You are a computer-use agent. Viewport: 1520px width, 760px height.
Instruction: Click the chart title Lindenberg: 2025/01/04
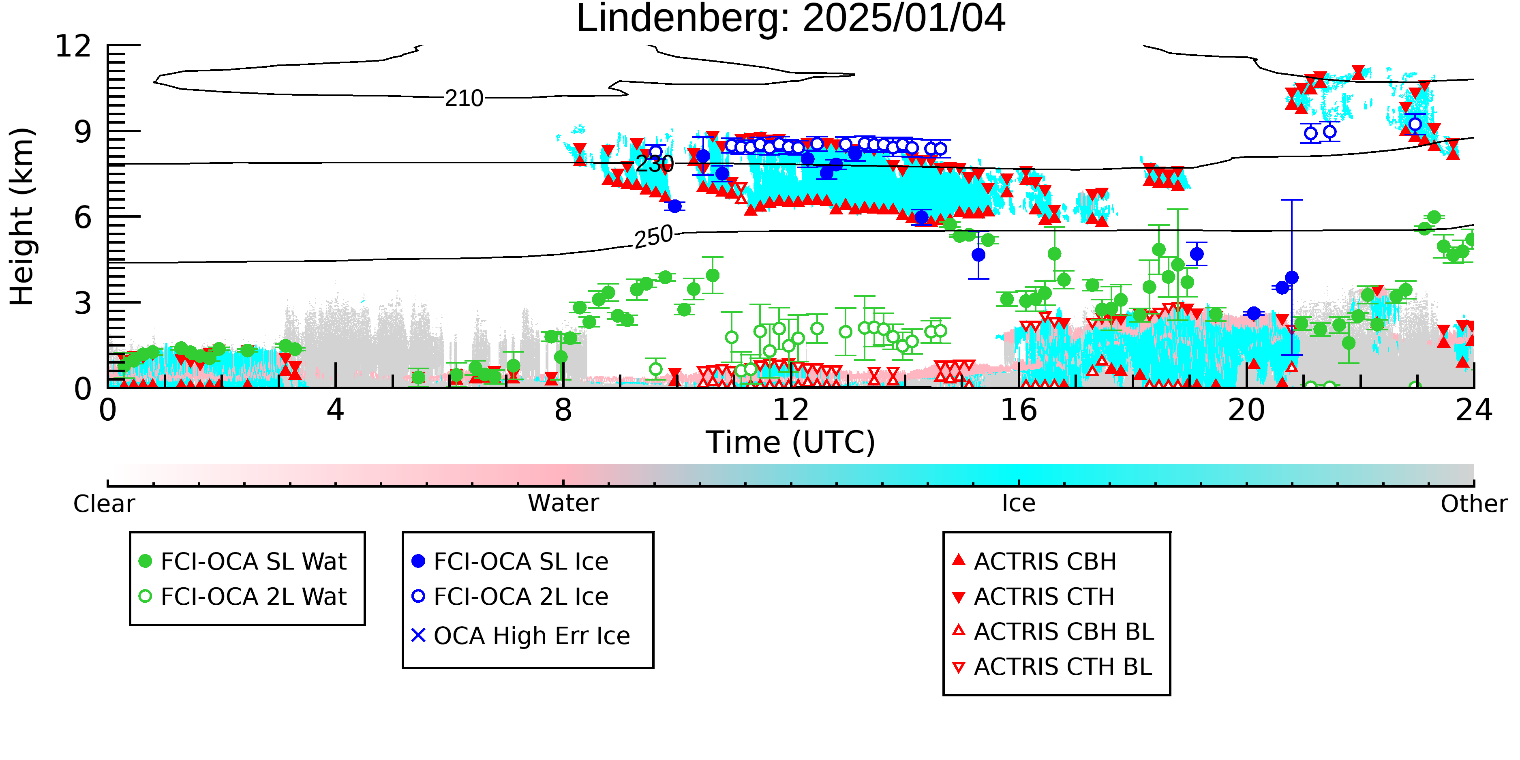pos(791,19)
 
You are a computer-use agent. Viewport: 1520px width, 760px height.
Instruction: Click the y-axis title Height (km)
pos(22,216)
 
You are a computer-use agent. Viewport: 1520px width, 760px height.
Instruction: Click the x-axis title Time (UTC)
pos(791,443)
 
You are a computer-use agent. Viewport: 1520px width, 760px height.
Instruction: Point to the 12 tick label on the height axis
pos(74,45)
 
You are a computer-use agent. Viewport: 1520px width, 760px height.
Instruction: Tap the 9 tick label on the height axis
pos(83,132)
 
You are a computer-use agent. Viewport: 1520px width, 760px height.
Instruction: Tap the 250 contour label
pos(653,237)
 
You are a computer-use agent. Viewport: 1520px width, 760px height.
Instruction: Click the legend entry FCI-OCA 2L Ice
pos(510,597)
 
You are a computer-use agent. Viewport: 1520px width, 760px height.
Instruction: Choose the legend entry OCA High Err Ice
pos(521,636)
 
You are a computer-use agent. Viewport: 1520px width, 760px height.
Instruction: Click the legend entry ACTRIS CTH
pos(1034,597)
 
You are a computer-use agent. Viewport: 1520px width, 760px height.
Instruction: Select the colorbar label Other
pos(1474,504)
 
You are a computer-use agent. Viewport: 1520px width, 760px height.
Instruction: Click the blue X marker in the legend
pos(418,636)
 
